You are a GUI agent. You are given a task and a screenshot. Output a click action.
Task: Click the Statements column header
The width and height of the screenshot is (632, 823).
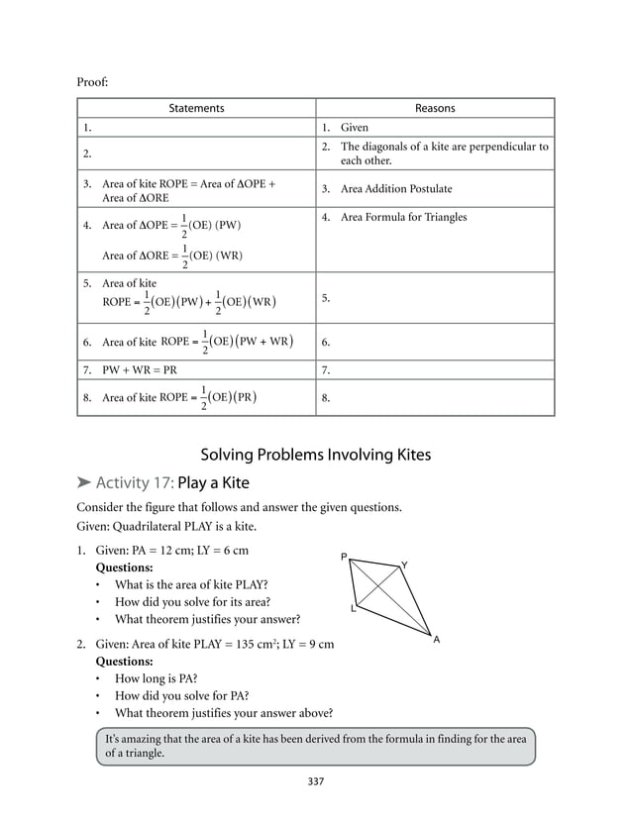coord(196,108)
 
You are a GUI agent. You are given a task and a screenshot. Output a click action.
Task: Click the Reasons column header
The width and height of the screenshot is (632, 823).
coord(435,108)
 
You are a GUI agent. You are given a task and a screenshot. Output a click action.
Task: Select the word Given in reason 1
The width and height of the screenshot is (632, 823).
coord(355,128)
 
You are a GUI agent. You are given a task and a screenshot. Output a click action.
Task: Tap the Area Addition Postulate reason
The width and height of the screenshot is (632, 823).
coord(395,188)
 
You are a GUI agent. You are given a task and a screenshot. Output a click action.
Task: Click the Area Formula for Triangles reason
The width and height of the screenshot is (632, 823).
coord(403,217)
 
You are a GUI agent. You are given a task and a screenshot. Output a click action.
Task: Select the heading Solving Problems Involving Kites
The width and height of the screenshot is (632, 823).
coord(316,456)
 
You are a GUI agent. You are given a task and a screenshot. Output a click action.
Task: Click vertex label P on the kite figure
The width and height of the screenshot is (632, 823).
coord(344,558)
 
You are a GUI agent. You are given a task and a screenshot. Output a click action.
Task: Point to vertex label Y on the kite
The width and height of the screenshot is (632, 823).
coord(403,566)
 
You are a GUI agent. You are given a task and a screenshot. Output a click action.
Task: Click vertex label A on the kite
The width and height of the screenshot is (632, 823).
coord(436,640)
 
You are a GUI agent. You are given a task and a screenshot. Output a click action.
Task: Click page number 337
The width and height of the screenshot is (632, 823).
coord(315,781)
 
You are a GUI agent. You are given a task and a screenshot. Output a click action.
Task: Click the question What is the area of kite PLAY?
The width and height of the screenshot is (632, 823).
coord(191,584)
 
